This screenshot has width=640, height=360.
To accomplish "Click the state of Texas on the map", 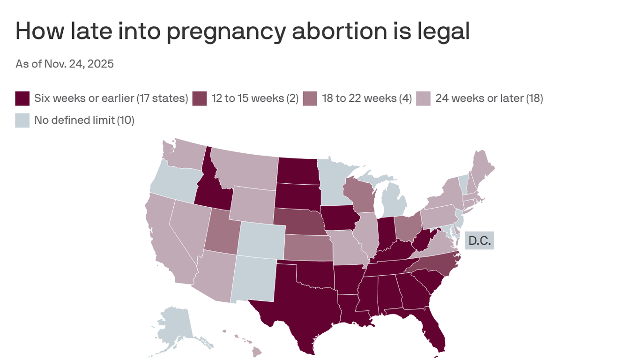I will (300, 305).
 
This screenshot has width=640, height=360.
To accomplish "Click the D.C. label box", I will (479, 241).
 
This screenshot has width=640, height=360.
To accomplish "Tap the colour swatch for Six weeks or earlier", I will (22, 98).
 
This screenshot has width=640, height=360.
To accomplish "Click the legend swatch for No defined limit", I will (22, 120).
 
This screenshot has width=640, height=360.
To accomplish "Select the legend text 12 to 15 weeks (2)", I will (255, 98).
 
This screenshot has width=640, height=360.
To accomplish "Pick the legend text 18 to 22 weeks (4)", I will (367, 98).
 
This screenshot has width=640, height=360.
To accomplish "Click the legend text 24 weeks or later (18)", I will (489, 98).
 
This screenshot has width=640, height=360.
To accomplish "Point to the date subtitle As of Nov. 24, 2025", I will (65, 64).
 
